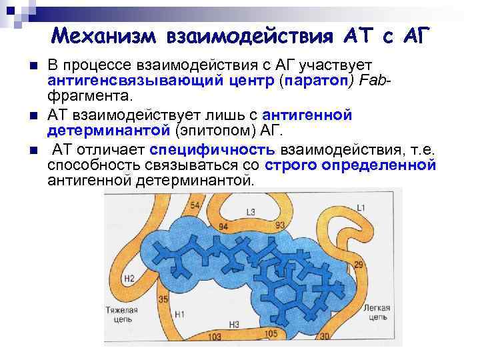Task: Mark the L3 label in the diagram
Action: pyautogui.click(x=251, y=213)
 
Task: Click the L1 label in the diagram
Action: pyautogui.click(x=361, y=209)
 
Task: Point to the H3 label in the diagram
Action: pyautogui.click(x=234, y=325)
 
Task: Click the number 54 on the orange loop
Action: pyautogui.click(x=195, y=205)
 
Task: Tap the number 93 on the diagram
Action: pyautogui.click(x=280, y=225)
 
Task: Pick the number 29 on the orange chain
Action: pyautogui.click(x=358, y=266)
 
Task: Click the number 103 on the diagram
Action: pyautogui.click(x=214, y=337)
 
